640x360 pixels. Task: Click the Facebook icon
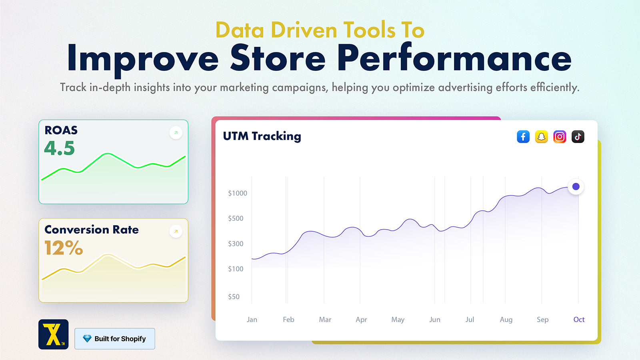coord(523,136)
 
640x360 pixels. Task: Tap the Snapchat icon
coord(542,136)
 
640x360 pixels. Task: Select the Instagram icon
coord(560,136)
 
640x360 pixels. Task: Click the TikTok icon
coord(578,136)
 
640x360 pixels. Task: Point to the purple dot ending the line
coord(576,186)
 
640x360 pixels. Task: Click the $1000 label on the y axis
coord(238,193)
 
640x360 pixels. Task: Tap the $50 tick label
coord(234,296)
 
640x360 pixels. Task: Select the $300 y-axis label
coord(236,244)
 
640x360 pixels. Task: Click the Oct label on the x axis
coord(579,320)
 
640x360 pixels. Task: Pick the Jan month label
coord(252,320)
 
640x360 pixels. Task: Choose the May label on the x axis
coord(398,320)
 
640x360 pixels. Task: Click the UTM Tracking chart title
coord(262,136)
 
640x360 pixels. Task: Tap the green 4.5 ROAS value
coord(60,148)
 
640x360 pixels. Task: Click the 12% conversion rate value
coord(64,248)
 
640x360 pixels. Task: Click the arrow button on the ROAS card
coord(176,132)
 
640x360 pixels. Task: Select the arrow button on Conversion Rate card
coord(176,232)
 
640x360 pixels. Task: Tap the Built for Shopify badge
coord(115,338)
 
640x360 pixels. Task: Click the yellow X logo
coord(54,334)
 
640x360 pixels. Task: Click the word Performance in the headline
coord(454,58)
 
